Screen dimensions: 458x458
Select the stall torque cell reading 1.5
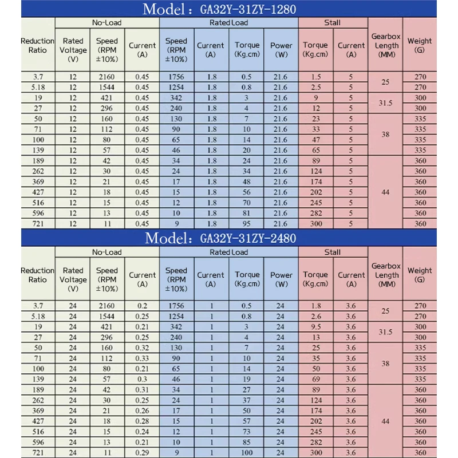click(x=315, y=77)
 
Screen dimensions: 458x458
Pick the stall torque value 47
click(x=315, y=140)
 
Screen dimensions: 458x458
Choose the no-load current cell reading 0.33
click(x=142, y=358)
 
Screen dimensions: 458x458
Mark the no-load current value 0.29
click(x=142, y=453)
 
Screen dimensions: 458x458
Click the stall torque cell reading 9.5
click(x=315, y=327)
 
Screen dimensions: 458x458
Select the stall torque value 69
click(x=315, y=380)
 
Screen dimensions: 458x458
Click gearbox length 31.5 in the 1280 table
click(x=385, y=103)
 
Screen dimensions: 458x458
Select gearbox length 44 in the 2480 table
click(x=385, y=421)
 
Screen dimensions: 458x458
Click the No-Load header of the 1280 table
click(x=107, y=23)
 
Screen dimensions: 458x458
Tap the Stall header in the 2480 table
click(x=332, y=252)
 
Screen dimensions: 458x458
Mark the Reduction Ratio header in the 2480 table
click(x=38, y=275)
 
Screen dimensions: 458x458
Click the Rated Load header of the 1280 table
click(x=228, y=23)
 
